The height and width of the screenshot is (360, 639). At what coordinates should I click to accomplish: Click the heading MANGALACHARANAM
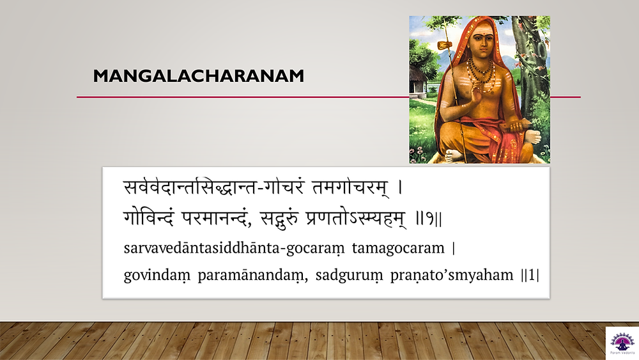(199, 76)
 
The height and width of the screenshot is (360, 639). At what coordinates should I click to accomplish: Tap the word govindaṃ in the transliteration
(157, 276)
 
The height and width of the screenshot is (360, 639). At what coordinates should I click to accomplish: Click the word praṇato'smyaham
(452, 276)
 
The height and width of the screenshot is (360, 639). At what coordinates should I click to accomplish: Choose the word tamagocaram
(398, 248)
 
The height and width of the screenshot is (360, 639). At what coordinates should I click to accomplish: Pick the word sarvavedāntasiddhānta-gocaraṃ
(234, 248)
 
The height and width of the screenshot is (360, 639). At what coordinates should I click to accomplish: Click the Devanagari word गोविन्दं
(149, 218)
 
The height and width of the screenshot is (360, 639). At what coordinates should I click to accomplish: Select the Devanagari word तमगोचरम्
(350, 187)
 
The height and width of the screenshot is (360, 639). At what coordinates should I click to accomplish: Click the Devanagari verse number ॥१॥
(429, 219)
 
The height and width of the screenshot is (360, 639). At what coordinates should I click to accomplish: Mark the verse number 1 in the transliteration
(530, 275)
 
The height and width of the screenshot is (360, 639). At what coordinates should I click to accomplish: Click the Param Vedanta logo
(622, 343)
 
